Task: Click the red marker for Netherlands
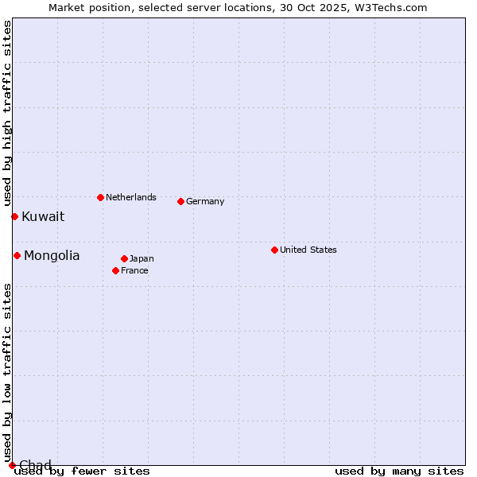click(x=100, y=197)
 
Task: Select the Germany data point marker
click(x=180, y=201)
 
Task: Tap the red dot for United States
click(x=274, y=250)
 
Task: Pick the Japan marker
click(x=124, y=258)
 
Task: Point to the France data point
click(x=115, y=270)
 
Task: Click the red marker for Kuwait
click(x=14, y=216)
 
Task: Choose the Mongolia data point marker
click(x=17, y=255)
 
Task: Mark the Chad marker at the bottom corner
click(x=12, y=465)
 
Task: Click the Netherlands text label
click(x=131, y=197)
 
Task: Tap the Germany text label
click(x=205, y=201)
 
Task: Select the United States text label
click(x=308, y=250)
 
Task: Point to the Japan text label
click(x=142, y=258)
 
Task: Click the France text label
click(x=134, y=270)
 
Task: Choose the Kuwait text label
click(x=43, y=216)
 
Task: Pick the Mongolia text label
click(x=52, y=255)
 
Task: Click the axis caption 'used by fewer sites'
click(x=82, y=471)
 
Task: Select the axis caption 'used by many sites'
click(x=399, y=471)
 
